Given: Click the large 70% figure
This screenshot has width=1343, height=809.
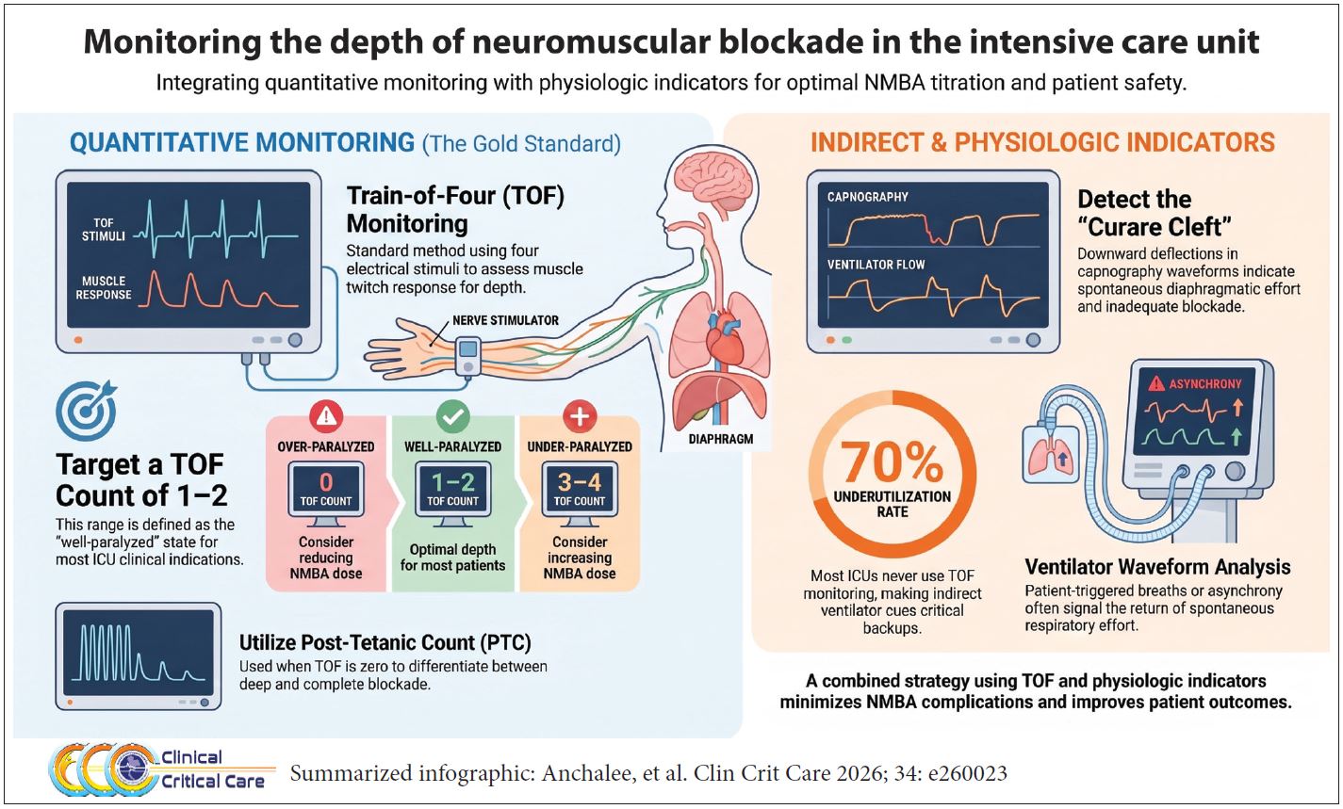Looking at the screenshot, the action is point(892,462).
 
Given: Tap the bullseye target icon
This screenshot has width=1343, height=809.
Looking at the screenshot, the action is point(87,411).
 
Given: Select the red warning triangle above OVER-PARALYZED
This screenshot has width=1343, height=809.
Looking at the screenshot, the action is point(326,415).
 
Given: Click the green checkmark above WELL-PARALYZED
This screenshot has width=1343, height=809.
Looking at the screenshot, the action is point(452,415).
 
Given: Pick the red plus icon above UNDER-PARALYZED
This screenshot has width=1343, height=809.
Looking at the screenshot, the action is point(580,415).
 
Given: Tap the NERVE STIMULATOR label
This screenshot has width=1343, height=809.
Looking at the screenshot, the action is point(505,320).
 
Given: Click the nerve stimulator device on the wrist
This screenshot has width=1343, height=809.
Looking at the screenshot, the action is point(468,357).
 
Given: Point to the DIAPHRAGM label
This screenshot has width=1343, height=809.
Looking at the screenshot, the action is point(721,439).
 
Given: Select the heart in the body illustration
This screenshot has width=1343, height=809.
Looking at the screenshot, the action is point(725,341).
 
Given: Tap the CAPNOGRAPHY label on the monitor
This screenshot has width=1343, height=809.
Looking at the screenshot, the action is point(868,197).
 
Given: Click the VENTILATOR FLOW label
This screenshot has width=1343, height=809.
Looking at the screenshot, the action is point(876,265).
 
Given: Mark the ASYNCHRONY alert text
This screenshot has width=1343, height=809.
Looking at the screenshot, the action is point(1205,384).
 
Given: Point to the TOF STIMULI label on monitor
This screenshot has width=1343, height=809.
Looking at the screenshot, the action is point(103,230).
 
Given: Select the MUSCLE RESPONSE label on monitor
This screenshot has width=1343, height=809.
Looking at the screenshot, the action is point(103,287).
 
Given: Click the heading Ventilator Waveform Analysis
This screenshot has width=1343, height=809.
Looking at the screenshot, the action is point(1157,567).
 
